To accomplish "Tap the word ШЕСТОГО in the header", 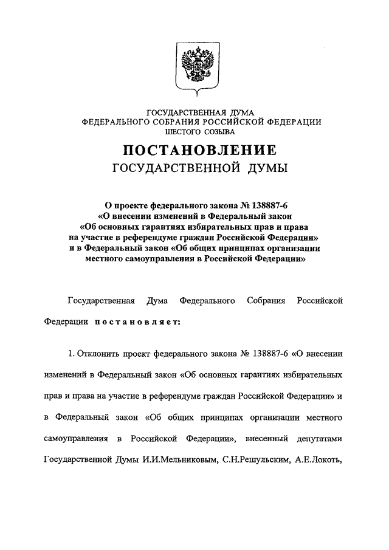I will (x=174, y=131).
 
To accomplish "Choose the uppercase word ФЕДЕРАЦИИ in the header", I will (x=289, y=122).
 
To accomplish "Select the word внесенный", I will (x=269, y=438).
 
